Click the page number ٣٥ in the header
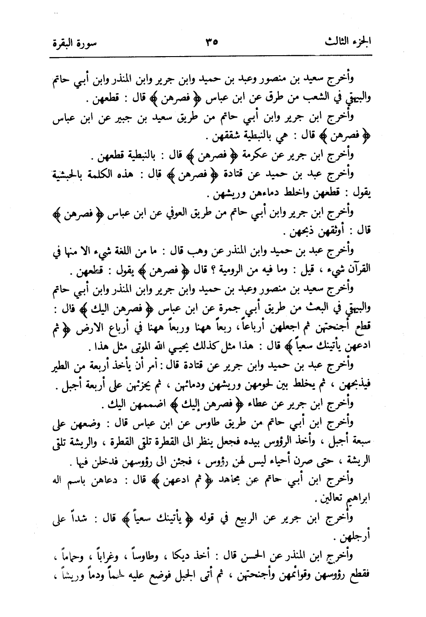211,42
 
